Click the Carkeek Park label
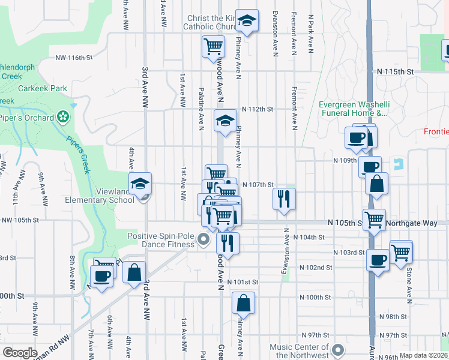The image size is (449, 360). pyautogui.click(x=41, y=88)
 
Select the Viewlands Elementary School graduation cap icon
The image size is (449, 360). pyautogui.click(x=140, y=183)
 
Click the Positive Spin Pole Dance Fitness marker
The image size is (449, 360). pyautogui.click(x=203, y=241)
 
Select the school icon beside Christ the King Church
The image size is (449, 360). pyautogui.click(x=246, y=20)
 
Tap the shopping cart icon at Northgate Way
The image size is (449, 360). pyautogui.click(x=375, y=219)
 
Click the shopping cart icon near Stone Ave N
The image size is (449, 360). pyautogui.click(x=400, y=251)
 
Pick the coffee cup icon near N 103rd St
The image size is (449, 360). pyautogui.click(x=378, y=260)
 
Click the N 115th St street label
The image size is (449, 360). pyautogui.click(x=396, y=71)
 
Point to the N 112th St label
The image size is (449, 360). pyautogui.click(x=258, y=109)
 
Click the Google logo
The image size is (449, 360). pyautogui.click(x=20, y=352)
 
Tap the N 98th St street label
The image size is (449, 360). pyautogui.click(x=393, y=316)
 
